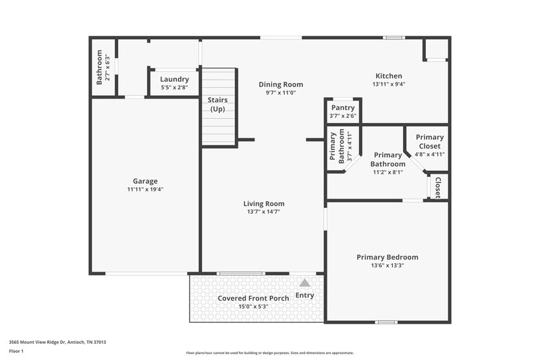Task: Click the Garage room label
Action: (145, 181)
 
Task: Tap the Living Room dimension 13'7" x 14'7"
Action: (263, 211)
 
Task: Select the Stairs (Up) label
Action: (217, 104)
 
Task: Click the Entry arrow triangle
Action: (304, 284)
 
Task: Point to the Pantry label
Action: (343, 107)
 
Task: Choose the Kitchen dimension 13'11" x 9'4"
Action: (388, 84)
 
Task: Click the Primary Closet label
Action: (429, 141)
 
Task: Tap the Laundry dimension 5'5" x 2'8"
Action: (174, 88)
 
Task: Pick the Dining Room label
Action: (281, 84)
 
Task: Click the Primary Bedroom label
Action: (387, 257)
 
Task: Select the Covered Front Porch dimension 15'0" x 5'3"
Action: (253, 307)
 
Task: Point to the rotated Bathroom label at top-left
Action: (99, 67)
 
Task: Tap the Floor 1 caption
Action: (16, 351)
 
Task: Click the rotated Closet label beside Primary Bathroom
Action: (437, 186)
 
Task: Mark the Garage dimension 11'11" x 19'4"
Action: (145, 189)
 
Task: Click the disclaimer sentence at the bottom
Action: (269, 353)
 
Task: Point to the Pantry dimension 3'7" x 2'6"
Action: (343, 115)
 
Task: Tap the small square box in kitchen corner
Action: (436, 49)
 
